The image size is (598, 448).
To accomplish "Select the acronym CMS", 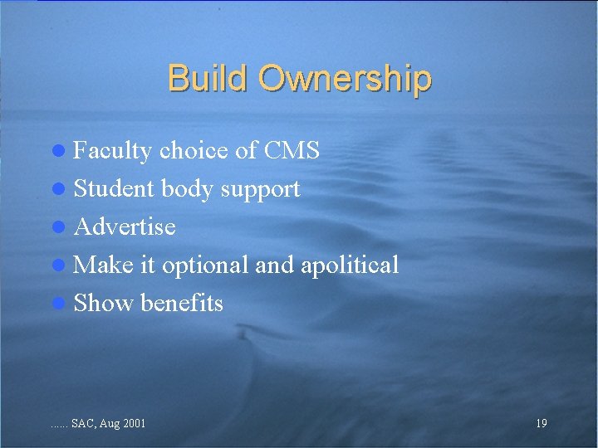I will click(292, 150).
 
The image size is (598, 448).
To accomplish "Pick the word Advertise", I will click(125, 226).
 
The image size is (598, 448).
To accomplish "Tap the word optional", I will click(205, 265).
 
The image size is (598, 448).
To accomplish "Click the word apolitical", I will click(350, 265).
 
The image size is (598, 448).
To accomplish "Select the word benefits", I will click(182, 303).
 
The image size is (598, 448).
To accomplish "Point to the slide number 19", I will click(541, 424).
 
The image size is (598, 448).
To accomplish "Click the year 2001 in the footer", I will click(133, 424).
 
